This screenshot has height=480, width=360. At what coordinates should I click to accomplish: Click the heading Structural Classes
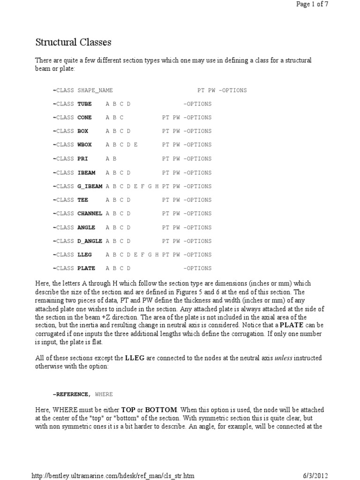click(x=74, y=43)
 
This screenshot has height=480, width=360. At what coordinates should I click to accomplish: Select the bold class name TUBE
click(x=84, y=104)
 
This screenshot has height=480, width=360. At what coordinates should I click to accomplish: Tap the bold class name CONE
click(x=84, y=118)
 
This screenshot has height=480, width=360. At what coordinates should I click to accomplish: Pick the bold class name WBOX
click(x=84, y=145)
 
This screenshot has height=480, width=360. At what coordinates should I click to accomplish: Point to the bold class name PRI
click(x=82, y=159)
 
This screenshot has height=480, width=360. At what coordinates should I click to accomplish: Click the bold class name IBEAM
click(x=86, y=172)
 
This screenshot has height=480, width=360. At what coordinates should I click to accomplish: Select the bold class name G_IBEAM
click(x=90, y=187)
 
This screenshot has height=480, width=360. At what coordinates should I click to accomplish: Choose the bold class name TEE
click(x=82, y=200)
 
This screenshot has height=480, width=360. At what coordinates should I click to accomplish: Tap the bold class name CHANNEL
click(x=90, y=214)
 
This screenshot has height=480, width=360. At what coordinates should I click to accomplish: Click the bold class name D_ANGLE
click(x=90, y=241)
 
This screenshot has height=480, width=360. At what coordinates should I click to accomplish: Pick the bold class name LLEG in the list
click(x=84, y=255)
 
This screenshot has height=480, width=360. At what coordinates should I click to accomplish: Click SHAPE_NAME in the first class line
click(x=95, y=90)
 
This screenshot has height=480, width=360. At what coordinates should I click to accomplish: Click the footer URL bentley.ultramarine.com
click(x=112, y=476)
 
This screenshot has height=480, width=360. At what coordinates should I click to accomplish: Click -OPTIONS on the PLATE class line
click(x=197, y=269)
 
